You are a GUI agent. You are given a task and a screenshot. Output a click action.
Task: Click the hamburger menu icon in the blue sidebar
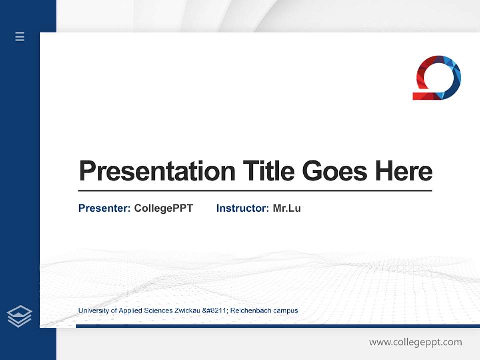click(x=20, y=36)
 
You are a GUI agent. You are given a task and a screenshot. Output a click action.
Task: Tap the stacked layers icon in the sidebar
click(x=19, y=316)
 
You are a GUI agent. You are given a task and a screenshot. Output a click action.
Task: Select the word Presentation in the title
click(x=157, y=171)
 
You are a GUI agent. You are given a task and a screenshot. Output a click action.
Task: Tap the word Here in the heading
click(x=404, y=171)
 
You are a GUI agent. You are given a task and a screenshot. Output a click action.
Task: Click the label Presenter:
click(x=105, y=208)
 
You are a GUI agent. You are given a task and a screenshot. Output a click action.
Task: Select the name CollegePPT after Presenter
click(x=164, y=208)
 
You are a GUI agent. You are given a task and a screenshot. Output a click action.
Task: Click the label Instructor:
click(x=243, y=208)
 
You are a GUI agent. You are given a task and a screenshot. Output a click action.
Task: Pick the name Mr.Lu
click(x=287, y=208)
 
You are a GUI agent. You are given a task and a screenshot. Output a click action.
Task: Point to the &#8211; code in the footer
click(x=214, y=311)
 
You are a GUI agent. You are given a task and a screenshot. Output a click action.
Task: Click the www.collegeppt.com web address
click(x=415, y=342)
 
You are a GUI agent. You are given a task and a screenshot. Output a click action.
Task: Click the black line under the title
click(x=255, y=190)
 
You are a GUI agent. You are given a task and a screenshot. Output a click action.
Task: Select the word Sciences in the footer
click(x=158, y=311)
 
